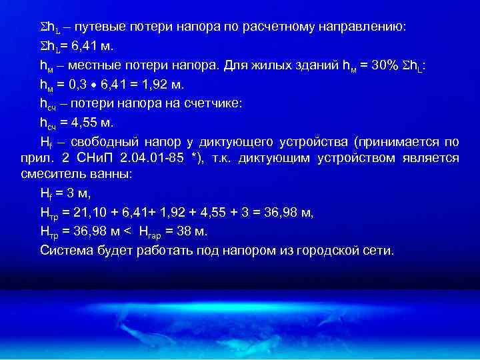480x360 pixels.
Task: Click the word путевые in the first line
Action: click(x=102, y=27)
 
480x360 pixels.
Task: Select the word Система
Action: click(x=65, y=251)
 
